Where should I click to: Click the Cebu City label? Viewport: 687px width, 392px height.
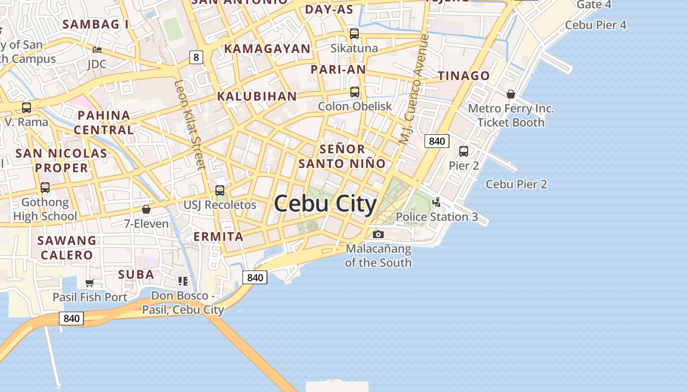pos(325,204)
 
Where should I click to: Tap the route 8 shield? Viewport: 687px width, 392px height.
pos(196,57)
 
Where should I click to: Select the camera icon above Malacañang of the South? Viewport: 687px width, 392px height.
pos(378,234)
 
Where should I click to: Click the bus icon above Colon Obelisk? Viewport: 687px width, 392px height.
pos(354,92)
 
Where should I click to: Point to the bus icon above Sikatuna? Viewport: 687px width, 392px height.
pos(354,34)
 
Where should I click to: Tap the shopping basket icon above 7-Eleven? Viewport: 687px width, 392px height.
pos(146,209)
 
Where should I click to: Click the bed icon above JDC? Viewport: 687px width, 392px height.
pos(97,49)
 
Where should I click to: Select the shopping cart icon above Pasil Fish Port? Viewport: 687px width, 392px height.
pos(89,283)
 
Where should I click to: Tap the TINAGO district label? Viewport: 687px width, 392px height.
pos(464,76)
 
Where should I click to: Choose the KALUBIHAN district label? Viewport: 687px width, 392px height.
pos(257,97)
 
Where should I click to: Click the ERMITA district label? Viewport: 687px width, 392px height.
pos(218,237)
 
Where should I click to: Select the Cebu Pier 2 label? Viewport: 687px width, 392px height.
pos(516,184)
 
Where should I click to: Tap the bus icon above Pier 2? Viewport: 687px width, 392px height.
pos(463,151)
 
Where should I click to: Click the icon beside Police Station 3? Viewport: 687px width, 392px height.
pos(436,202)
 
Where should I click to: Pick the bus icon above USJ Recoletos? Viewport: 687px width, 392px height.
pos(220,190)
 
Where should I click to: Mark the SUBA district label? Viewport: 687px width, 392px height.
pos(136,274)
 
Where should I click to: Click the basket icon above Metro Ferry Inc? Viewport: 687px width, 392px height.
pos(511,94)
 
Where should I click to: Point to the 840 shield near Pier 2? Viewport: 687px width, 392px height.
pos(437,142)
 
